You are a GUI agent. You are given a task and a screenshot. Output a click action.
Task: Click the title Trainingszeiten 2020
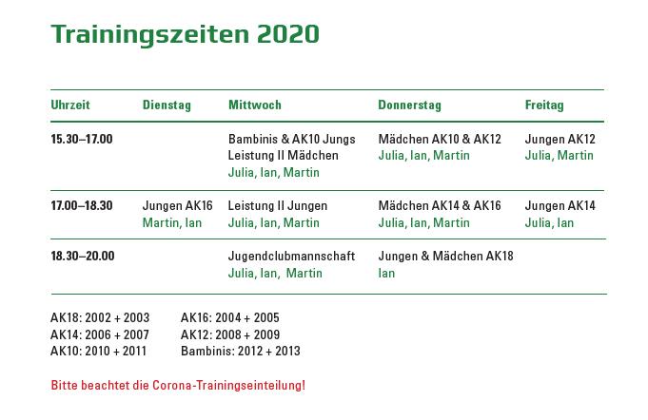point(186,34)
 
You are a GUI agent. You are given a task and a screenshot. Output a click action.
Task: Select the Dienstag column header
point(167,105)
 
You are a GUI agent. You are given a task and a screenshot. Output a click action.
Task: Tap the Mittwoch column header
point(255,105)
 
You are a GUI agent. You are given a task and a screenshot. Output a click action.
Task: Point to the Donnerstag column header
point(409,105)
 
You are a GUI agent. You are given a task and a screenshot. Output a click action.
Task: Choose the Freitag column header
point(544,105)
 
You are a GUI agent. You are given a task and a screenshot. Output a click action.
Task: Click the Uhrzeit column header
point(70,105)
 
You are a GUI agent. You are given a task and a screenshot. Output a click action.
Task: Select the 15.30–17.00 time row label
point(82,139)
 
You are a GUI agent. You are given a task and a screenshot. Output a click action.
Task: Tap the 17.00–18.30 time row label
point(82,205)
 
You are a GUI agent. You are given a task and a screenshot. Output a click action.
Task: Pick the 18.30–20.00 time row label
point(83,256)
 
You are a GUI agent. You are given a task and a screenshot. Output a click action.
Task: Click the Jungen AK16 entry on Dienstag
point(177,205)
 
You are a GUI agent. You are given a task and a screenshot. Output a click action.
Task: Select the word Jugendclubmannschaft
point(291,257)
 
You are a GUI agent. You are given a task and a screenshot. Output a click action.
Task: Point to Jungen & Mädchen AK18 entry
point(445,257)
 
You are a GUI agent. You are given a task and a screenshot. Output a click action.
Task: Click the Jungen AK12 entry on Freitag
point(560,139)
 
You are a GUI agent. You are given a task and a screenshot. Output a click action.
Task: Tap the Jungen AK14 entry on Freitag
point(560,205)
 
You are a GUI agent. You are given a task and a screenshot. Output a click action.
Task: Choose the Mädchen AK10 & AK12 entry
point(440,139)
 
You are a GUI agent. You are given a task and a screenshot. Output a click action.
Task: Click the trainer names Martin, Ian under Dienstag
point(172,222)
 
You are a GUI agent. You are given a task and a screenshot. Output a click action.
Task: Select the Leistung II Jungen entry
point(277,205)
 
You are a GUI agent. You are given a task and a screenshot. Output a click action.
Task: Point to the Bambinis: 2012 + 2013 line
point(240,351)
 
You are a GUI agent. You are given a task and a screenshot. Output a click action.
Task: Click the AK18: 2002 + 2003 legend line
point(100,317)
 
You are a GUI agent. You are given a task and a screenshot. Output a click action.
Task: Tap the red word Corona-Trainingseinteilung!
point(228,386)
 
